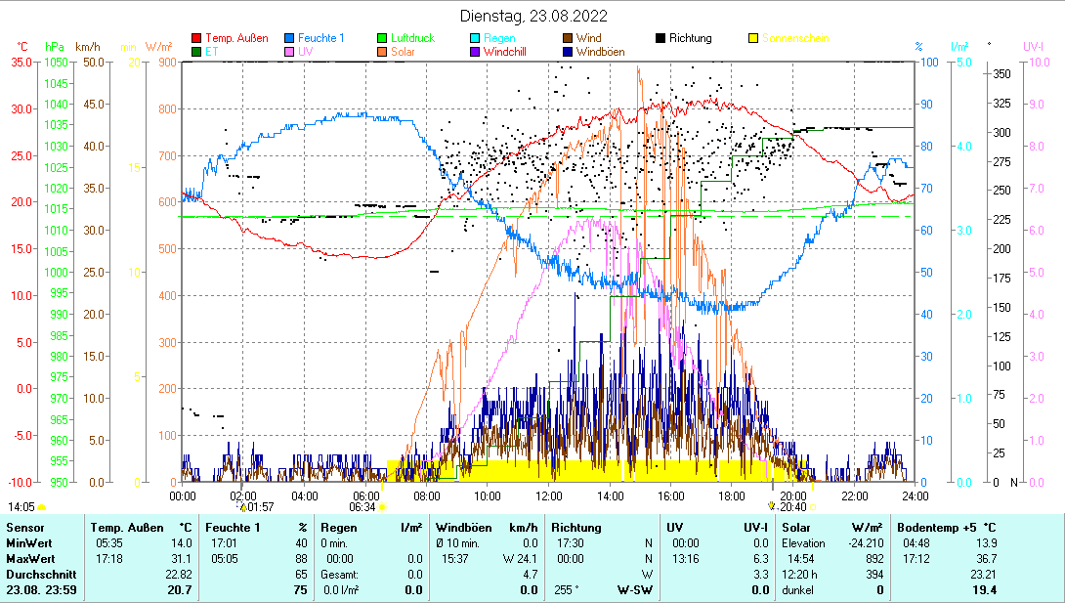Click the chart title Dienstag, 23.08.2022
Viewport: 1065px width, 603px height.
click(x=533, y=16)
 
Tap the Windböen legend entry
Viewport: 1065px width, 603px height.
click(x=600, y=52)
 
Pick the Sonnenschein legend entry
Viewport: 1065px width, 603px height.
click(x=795, y=38)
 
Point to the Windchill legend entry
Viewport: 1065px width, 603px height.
click(x=504, y=52)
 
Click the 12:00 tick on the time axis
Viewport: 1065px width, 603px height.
click(x=549, y=495)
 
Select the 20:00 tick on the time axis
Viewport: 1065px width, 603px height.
click(x=793, y=495)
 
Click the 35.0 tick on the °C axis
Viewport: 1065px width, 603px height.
click(x=21, y=62)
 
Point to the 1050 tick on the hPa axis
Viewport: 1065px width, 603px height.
click(x=57, y=62)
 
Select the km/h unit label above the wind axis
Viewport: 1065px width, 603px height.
click(x=87, y=47)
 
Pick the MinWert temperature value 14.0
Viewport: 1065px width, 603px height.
click(x=181, y=542)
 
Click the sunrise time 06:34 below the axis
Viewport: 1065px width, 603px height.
click(x=362, y=506)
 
